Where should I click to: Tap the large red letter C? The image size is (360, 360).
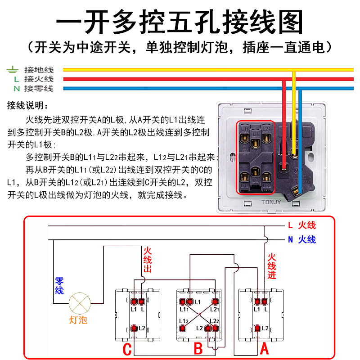128,348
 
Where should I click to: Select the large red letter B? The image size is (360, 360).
198,348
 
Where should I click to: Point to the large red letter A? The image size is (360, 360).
265,348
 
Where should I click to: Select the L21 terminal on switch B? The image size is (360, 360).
216,302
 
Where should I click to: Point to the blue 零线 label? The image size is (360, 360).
59,286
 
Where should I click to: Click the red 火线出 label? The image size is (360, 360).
148,260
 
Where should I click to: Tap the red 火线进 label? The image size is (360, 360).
271,266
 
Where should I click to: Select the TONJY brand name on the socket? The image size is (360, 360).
272,202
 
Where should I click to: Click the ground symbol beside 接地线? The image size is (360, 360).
12,70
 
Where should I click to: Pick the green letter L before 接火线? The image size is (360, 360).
16,79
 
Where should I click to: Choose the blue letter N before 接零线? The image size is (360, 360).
16,89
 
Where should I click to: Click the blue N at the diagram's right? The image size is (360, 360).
291,239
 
